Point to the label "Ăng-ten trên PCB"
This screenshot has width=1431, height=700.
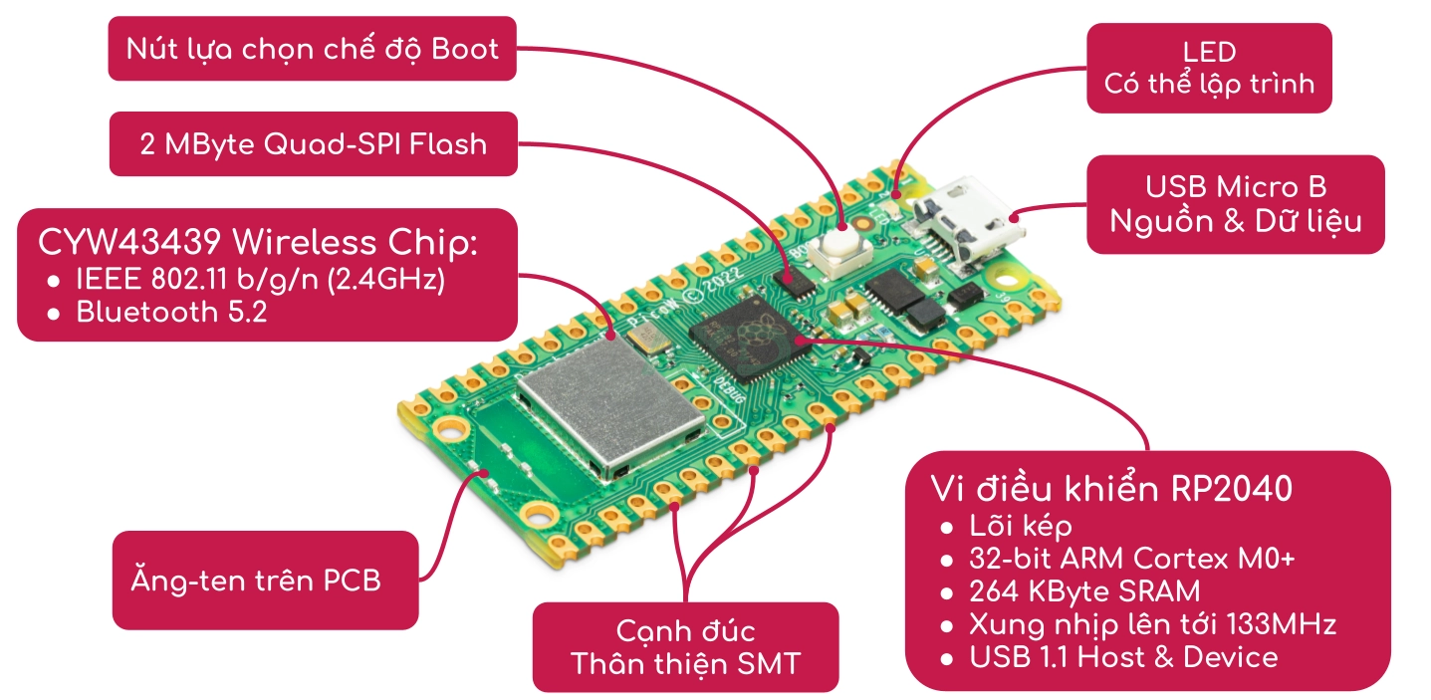pos(256,580)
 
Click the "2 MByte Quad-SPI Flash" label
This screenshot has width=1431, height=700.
pos(313,144)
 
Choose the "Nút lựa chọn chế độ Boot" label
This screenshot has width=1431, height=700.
pos(312,48)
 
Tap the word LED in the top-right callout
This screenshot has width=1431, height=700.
pos(1209,52)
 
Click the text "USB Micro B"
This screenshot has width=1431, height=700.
pos(1235,187)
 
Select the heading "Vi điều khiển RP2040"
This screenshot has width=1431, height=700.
pos(1111,489)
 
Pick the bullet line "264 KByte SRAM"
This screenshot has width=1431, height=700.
pos(1084,591)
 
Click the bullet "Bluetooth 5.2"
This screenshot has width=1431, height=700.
pos(171,312)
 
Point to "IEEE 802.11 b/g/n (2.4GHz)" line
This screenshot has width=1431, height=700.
pos(259,280)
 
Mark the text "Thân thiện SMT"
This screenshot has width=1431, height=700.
pos(685,663)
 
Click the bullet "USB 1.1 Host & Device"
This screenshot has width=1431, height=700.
pos(1123,657)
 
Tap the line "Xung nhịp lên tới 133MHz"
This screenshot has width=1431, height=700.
pos(1152,624)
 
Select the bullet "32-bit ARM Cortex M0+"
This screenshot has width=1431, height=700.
pos(1132,558)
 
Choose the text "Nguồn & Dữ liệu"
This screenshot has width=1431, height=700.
pos(1235,220)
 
